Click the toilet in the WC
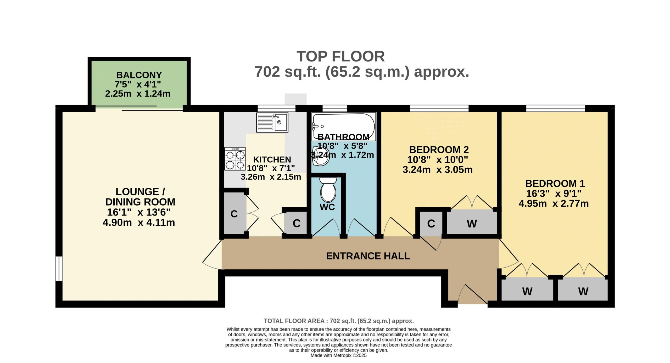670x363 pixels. (328, 189)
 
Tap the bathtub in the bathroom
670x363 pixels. (344, 127)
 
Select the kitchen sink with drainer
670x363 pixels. (272, 122)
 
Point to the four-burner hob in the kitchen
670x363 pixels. (235, 159)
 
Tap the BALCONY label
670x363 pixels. (139, 75)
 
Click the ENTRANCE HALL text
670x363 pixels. (368, 256)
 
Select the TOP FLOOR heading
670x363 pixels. (340, 56)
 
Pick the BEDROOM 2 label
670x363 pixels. (439, 150)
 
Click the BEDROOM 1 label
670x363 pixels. (555, 184)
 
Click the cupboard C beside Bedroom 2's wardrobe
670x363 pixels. (431, 223)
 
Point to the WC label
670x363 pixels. (327, 207)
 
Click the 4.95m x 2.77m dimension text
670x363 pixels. (554, 203)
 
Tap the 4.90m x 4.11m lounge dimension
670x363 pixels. (139, 223)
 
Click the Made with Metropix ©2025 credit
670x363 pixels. (338, 355)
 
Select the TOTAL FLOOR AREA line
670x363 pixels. (339, 321)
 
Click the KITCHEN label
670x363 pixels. (272, 160)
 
